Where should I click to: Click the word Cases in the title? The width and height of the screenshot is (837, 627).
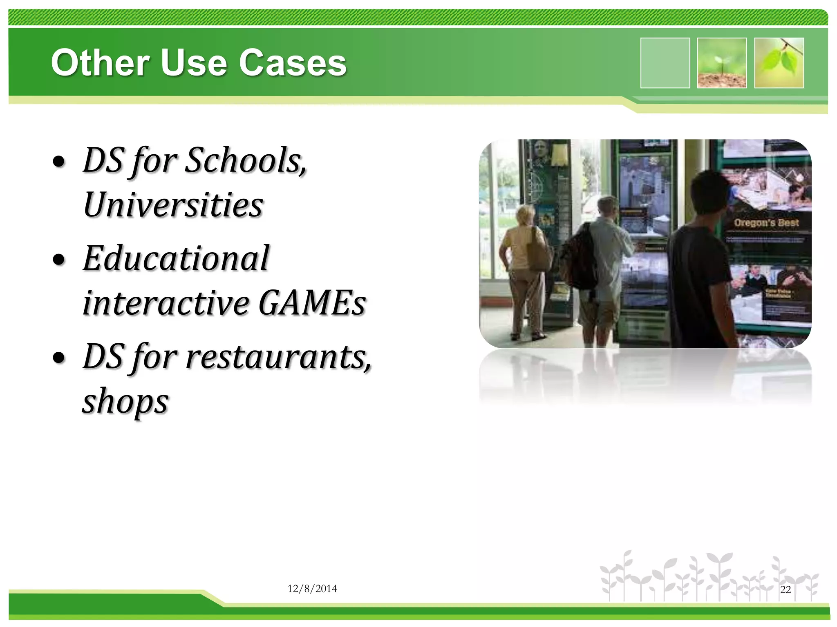click(293, 63)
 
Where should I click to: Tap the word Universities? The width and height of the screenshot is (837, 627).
click(173, 205)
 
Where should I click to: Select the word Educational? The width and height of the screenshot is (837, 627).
click(176, 258)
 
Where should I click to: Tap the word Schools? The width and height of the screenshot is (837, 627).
click(246, 160)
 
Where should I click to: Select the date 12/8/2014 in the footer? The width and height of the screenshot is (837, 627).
click(312, 589)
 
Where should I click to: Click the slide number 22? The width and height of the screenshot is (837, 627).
click(786, 589)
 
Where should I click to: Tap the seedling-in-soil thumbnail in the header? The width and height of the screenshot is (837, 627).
click(722, 63)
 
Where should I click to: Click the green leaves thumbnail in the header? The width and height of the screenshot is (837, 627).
click(779, 63)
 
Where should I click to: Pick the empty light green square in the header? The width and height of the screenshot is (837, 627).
click(665, 63)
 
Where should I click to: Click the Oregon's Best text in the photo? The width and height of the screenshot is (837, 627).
click(766, 223)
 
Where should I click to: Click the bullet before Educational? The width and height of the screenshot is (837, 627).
click(59, 260)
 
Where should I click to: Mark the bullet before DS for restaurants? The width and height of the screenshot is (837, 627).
click(59, 358)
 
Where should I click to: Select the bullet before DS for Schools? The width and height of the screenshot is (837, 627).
click(59, 162)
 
